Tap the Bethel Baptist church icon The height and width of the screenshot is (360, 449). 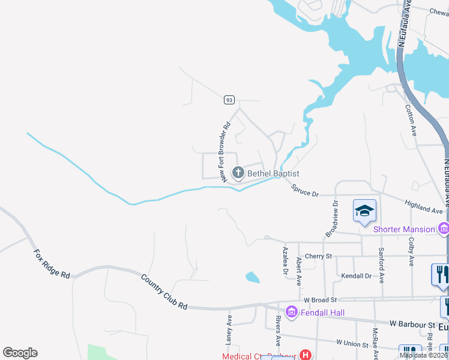coord(238,173)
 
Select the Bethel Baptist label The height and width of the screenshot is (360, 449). coord(273,173)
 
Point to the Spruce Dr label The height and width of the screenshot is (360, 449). coord(304,191)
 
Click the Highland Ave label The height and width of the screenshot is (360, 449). coord(424,208)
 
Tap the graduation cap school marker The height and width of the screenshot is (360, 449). coord(364,211)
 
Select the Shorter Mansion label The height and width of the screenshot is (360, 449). coord(403,229)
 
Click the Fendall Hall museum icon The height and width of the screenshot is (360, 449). coord(292,311)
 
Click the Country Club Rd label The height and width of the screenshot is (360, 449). coord(164,292)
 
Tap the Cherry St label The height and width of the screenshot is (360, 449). coord(318,256)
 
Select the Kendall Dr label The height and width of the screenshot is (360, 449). coord(357,277)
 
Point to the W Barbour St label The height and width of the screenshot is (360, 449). coord(412,325)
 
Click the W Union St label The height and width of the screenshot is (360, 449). coord(352,343)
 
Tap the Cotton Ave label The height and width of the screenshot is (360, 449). coord(411,120)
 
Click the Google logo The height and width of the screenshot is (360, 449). coord(20,353)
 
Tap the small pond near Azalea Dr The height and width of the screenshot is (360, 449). coord(253,277)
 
